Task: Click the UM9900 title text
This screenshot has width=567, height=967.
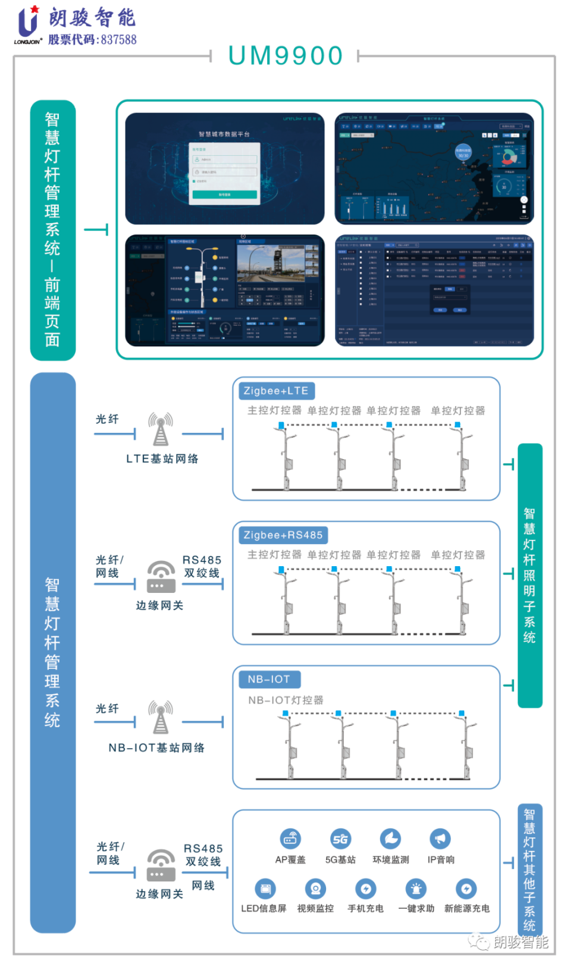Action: tap(286, 56)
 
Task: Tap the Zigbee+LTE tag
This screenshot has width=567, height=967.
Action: tap(276, 391)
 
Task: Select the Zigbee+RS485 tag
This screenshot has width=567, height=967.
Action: tap(283, 535)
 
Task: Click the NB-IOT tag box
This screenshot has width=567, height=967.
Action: tap(269, 679)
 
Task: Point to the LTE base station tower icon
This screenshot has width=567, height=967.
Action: tap(161, 429)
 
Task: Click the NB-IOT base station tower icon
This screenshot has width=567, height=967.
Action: tap(161, 717)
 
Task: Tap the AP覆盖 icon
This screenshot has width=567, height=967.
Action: tap(290, 839)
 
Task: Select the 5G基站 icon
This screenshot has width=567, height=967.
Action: tap(340, 839)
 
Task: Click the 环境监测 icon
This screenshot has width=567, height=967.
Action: tap(390, 839)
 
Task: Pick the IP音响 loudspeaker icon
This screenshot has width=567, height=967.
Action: tap(440, 839)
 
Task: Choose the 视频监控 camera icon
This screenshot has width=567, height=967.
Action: tap(315, 889)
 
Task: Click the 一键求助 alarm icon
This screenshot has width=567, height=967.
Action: tap(416, 889)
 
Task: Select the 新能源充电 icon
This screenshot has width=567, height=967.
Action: tap(466, 889)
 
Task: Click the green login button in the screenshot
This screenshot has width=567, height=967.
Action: tap(225, 194)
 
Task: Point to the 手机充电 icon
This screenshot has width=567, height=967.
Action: tap(365, 889)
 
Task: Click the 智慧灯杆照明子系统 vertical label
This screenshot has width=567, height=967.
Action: tap(530, 575)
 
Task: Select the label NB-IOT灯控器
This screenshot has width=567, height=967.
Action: tap(286, 700)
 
